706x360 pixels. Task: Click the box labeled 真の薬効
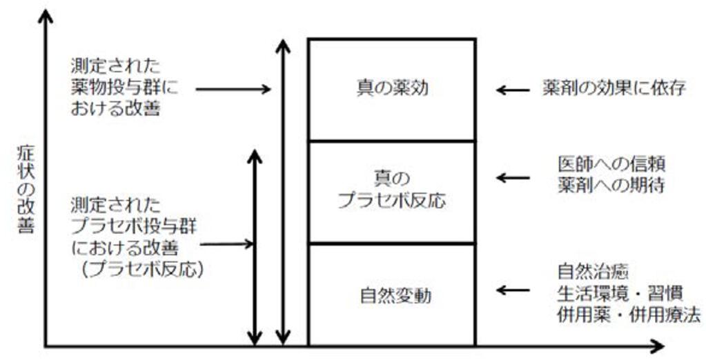point(391,90)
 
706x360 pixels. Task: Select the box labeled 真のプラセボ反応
point(391,191)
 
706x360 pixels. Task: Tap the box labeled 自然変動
point(391,295)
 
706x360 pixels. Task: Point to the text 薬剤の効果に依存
point(613,90)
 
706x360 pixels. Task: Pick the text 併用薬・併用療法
point(629,314)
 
